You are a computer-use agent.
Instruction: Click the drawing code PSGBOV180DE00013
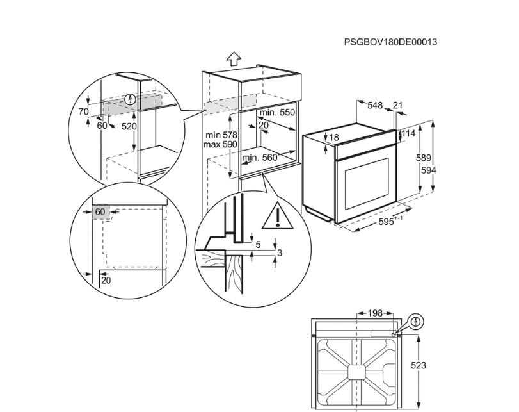click(x=390, y=42)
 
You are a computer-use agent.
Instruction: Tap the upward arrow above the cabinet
click(x=234, y=60)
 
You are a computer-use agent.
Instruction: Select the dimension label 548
click(x=375, y=106)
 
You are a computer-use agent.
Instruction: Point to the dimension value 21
click(x=397, y=106)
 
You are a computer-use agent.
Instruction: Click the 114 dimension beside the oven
click(x=408, y=133)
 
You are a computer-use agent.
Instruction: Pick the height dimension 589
click(x=424, y=158)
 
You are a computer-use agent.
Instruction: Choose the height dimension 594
click(x=429, y=170)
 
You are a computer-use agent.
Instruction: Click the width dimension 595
click(x=387, y=222)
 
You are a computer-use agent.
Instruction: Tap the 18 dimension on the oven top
click(x=334, y=137)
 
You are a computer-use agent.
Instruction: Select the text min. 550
click(x=277, y=113)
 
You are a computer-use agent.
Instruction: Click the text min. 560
click(x=260, y=158)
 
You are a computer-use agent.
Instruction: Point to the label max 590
click(x=220, y=145)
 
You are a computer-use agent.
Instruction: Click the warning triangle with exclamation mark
click(x=278, y=217)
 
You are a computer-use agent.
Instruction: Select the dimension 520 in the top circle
click(x=129, y=126)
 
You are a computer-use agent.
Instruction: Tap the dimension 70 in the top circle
click(x=84, y=111)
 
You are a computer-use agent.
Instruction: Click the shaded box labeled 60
click(x=100, y=211)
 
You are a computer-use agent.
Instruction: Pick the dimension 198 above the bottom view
click(x=375, y=313)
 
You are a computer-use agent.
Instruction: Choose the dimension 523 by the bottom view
click(x=419, y=366)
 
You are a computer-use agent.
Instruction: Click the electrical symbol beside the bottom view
click(x=417, y=322)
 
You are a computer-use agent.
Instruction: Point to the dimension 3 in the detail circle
click(x=280, y=253)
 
